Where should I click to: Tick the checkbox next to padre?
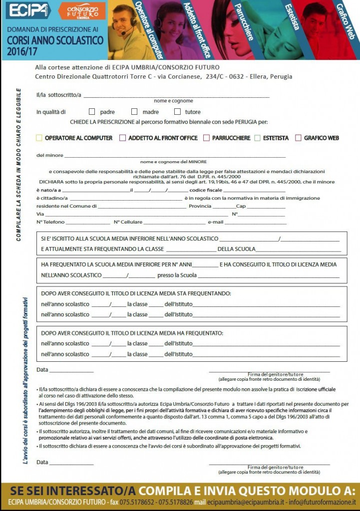pos(92,112)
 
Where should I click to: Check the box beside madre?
pos(134,112)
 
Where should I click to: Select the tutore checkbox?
pos(177,112)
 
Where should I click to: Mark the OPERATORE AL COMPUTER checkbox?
pos(39,138)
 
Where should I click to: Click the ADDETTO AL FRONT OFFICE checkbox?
pos(122,138)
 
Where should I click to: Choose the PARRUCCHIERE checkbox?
pos(206,138)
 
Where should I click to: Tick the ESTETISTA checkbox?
pos(258,138)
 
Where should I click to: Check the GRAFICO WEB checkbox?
pos(299,138)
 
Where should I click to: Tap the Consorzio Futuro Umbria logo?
pos(82,10)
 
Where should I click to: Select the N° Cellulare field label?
pos(128,222)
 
